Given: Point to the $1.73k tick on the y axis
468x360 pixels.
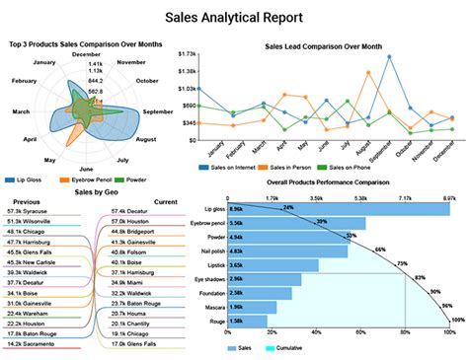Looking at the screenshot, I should tap(186, 54).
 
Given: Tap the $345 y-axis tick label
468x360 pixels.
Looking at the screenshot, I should tap(188, 123).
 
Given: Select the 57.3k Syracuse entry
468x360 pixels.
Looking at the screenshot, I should tap(28, 211).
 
